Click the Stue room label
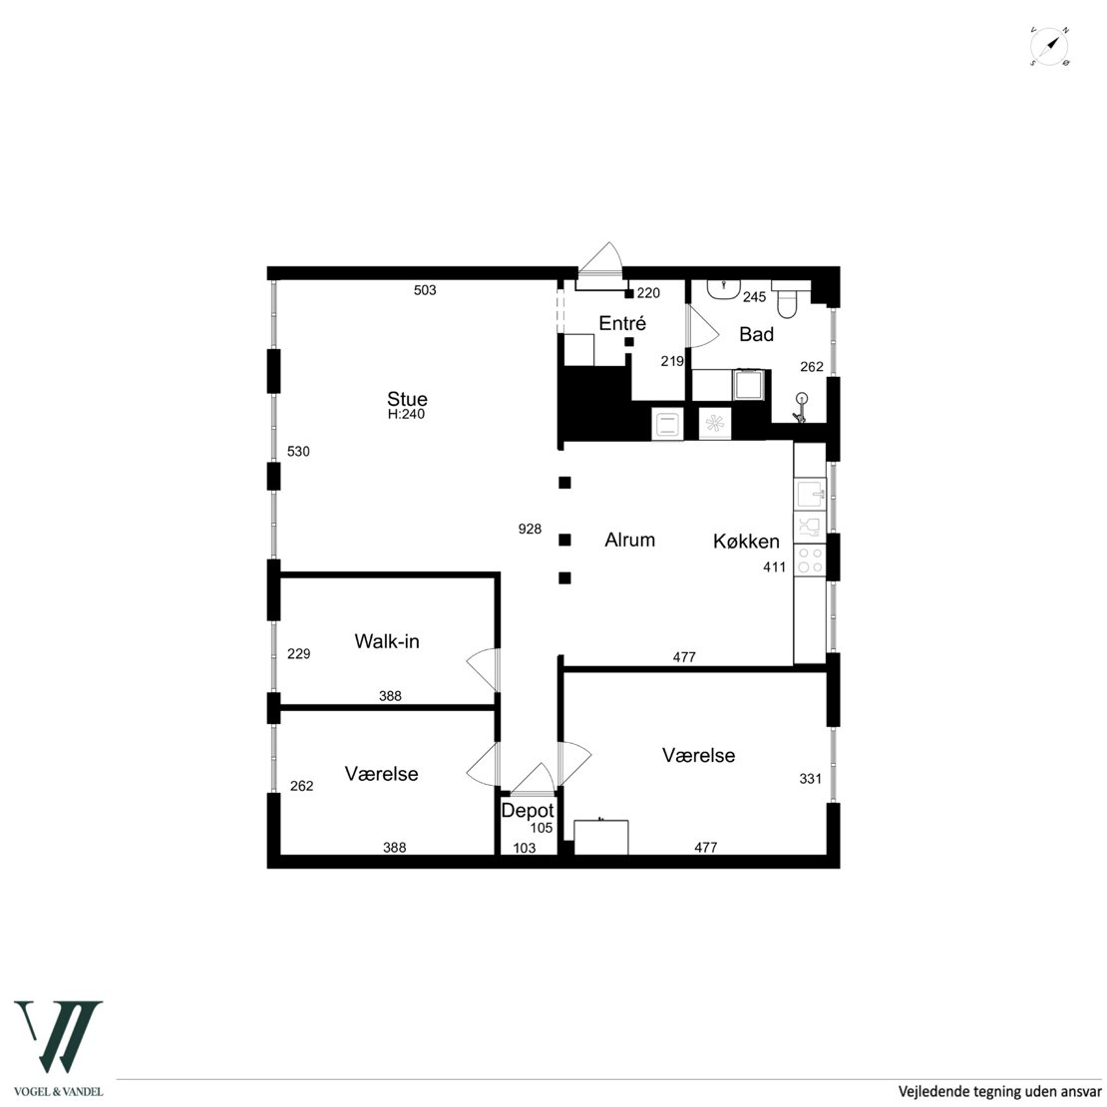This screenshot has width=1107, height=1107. click(x=407, y=398)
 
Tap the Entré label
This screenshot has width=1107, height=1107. click(x=622, y=323)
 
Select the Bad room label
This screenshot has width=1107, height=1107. click(x=756, y=334)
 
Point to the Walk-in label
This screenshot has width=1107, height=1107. click(x=387, y=641)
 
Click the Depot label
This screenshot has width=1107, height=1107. click(x=528, y=811)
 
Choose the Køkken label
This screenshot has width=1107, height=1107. click(x=746, y=542)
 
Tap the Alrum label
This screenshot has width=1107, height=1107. click(x=629, y=541)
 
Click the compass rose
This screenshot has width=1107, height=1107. click(x=1049, y=47)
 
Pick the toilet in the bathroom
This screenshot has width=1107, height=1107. click(x=786, y=298)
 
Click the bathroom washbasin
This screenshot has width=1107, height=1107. click(x=723, y=289)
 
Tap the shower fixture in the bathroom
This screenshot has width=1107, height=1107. click(x=800, y=408)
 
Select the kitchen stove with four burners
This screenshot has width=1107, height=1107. click(x=810, y=559)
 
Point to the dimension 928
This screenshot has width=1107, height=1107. click(x=530, y=529)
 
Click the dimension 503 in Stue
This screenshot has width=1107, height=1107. click(x=425, y=290)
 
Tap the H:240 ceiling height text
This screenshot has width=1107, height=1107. click(x=407, y=415)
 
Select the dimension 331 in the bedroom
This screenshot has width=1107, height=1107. click(x=811, y=779)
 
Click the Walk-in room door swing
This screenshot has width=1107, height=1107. click(x=483, y=669)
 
